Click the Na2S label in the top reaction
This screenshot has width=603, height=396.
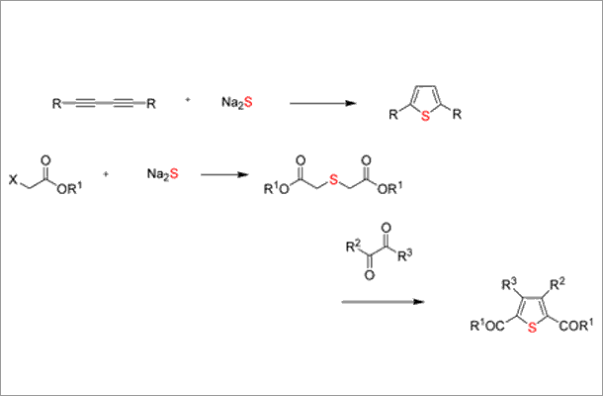pyautogui.click(x=237, y=103)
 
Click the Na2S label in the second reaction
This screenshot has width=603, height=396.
pyautogui.click(x=163, y=173)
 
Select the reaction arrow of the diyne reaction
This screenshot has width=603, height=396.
pyautogui.click(x=322, y=103)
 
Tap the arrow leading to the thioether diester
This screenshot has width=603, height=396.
pyautogui.click(x=224, y=175)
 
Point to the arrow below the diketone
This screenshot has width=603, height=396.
pyautogui.click(x=383, y=302)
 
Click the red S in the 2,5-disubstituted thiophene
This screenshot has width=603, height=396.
pyautogui.click(x=425, y=116)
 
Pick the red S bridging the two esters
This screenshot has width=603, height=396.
pyautogui.click(x=333, y=179)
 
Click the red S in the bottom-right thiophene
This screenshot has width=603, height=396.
pyautogui.click(x=532, y=328)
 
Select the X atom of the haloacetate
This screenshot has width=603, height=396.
pyautogui.click(x=14, y=179)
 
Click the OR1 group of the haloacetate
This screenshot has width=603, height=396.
pyautogui.click(x=69, y=188)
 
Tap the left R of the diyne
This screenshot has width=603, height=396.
pyautogui.click(x=56, y=104)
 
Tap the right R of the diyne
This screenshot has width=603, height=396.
pyautogui.click(x=151, y=104)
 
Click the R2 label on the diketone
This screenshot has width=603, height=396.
pyautogui.click(x=353, y=246)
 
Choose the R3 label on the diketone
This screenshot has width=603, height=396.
pyautogui.click(x=405, y=255)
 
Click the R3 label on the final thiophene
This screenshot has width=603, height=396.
pyautogui.click(x=510, y=284)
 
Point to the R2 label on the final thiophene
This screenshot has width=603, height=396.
pyautogui.click(x=558, y=284)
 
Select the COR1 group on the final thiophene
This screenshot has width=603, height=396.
pyautogui.click(x=573, y=326)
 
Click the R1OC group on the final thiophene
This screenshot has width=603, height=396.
pyautogui.click(x=487, y=326)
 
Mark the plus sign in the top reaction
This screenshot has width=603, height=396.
pyautogui.click(x=188, y=99)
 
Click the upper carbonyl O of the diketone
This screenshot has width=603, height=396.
pyautogui.click(x=386, y=228)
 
